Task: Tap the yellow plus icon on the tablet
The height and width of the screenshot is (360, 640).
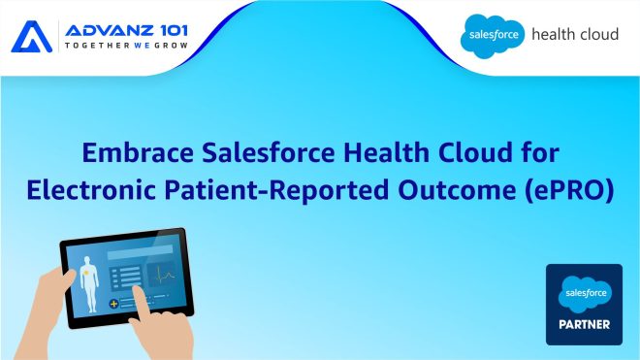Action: [112, 304]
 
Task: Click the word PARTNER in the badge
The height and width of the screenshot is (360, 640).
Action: [584, 325]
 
